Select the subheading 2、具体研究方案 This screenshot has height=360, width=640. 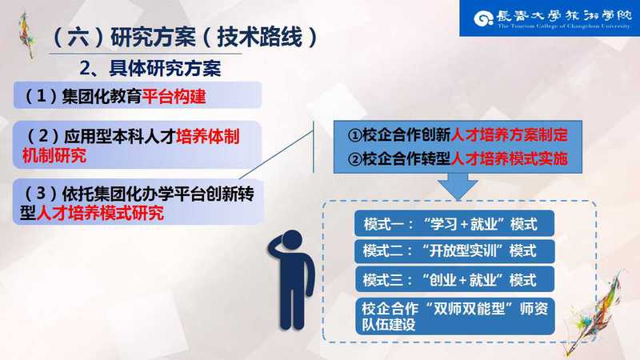(150, 68)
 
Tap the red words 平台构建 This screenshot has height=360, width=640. (174, 96)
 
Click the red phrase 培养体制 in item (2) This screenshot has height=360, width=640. (208, 136)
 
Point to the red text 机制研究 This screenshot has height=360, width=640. (54, 155)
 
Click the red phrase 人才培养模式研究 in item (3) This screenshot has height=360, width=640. (101, 213)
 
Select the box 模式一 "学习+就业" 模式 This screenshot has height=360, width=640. (454, 224)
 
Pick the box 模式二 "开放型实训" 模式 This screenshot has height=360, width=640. (454, 251)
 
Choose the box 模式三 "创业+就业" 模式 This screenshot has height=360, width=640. (454, 280)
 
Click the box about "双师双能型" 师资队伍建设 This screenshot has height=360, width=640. (454, 317)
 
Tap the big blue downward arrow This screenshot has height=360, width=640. (458, 186)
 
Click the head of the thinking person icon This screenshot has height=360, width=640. (292, 241)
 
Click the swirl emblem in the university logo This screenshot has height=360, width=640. (484, 18)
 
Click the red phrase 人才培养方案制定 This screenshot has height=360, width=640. (509, 134)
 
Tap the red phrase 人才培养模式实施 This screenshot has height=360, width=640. (509, 158)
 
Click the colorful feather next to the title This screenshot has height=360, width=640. (27, 35)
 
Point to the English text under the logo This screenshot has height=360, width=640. (564, 26)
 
